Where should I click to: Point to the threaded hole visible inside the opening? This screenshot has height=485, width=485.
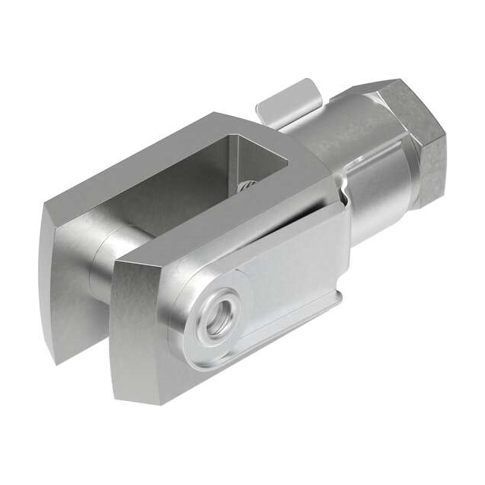click(x=247, y=186)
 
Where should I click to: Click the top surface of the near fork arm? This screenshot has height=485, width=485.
click(x=227, y=224)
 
